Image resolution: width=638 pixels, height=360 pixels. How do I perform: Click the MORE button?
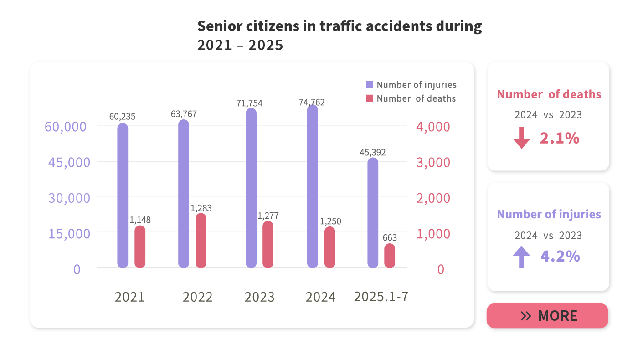pos(547,316)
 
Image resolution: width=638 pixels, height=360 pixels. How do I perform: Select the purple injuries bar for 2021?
pos(123,195)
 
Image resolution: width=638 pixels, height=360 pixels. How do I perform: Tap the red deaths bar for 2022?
pos(201,241)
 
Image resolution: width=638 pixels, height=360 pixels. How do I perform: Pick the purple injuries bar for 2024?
pos(313,186)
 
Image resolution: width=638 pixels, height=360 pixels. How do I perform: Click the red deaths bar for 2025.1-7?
pos(390,256)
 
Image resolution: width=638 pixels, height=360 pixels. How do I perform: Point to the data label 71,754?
pos(249,103)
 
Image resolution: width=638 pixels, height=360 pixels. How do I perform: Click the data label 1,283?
pos(201,208)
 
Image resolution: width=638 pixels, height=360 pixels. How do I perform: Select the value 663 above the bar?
pos(390,238)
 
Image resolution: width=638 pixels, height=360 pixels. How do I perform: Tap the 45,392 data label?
pos(372,152)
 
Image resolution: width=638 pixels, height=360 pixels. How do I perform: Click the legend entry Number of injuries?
pos(416,85)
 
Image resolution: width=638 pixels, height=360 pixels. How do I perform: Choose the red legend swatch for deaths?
pos(370,98)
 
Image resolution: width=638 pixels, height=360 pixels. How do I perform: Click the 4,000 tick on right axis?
pos(433,127)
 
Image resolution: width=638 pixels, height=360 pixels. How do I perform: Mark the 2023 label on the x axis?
pos(259,297)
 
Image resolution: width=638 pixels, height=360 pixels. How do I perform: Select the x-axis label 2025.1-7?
pos(381,297)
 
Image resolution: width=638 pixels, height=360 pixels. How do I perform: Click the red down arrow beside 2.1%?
pos(521,138)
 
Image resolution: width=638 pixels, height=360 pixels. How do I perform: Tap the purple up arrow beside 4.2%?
pos(521,257)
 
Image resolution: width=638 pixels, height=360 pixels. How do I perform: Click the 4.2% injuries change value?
pos(560,256)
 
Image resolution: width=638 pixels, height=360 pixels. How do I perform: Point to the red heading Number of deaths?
pos(549,94)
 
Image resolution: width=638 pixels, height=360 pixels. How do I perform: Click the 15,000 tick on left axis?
pos(69,233)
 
